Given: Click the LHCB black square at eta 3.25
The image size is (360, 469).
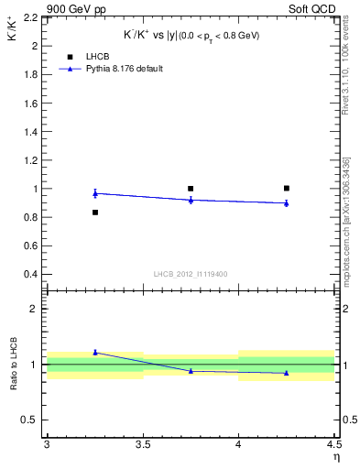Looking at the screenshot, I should click(94, 213).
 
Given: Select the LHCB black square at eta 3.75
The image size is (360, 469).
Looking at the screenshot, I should click(191, 189).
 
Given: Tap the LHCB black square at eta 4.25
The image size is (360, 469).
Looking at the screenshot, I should click(287, 188).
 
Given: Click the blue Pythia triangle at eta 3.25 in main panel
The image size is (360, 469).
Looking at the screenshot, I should click(94, 192).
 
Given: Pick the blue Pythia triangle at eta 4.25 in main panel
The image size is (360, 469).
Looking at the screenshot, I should click(287, 203).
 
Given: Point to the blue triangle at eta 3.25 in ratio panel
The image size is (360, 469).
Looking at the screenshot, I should click(94, 352).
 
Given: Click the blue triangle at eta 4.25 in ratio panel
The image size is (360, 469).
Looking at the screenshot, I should click(287, 373).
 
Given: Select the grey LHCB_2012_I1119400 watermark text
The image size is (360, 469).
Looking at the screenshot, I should click(191, 274).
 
